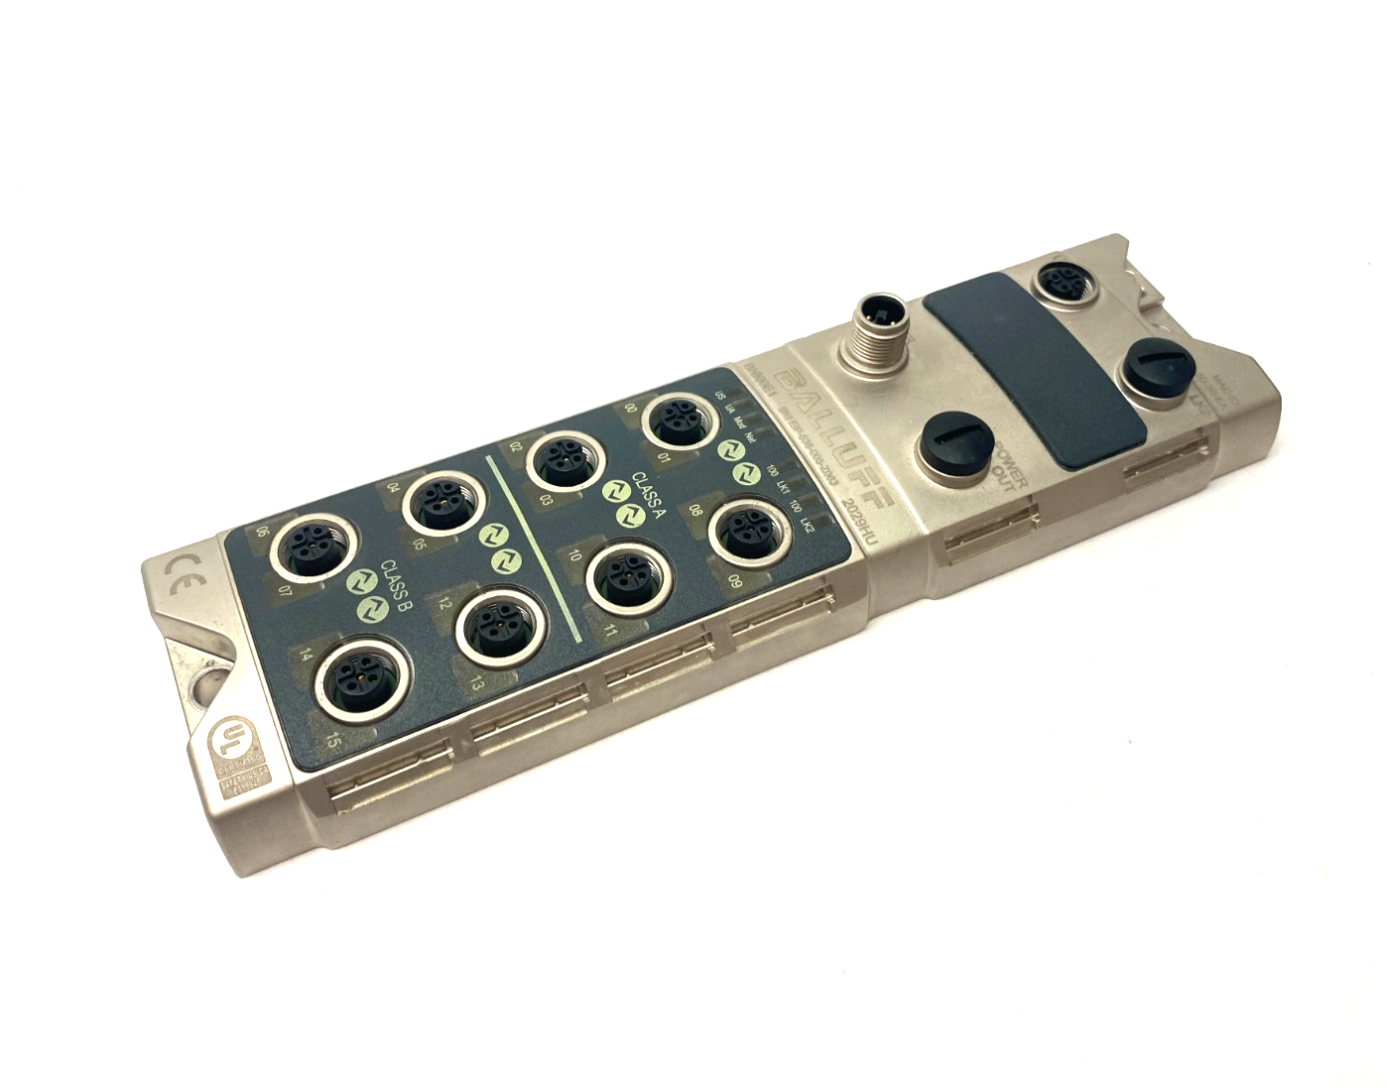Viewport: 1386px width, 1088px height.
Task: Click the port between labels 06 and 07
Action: (x=306, y=551)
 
